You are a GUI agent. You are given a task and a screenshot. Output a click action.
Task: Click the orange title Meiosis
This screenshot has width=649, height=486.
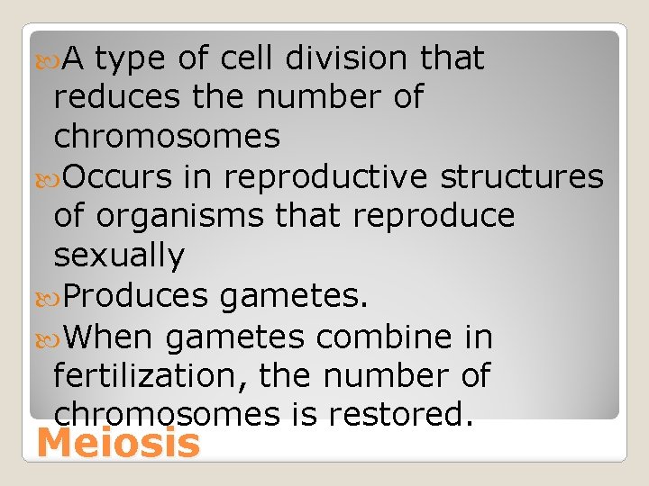click(x=119, y=445)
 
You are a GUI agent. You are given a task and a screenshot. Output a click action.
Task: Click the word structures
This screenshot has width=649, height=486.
click(x=521, y=177)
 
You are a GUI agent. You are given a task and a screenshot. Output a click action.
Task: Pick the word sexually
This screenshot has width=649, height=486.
click(x=119, y=256)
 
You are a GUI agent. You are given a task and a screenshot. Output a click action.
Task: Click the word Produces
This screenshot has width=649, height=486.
click(x=130, y=296)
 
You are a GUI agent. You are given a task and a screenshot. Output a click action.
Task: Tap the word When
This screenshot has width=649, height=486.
click(x=109, y=337)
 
